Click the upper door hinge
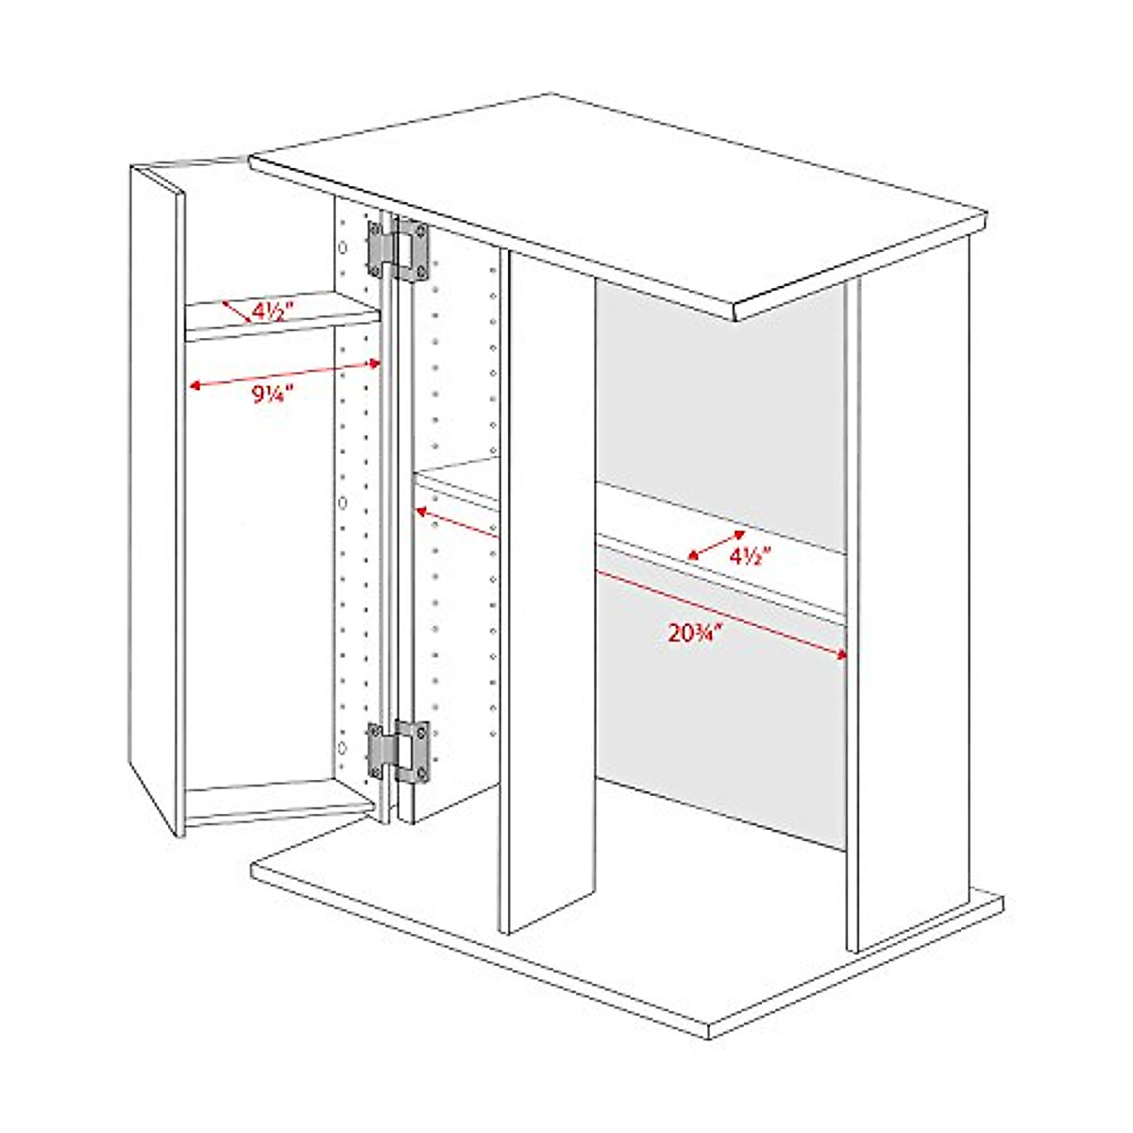(399, 250)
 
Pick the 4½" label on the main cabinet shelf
(751, 556)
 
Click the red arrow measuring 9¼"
(283, 373)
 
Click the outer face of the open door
(153, 491)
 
